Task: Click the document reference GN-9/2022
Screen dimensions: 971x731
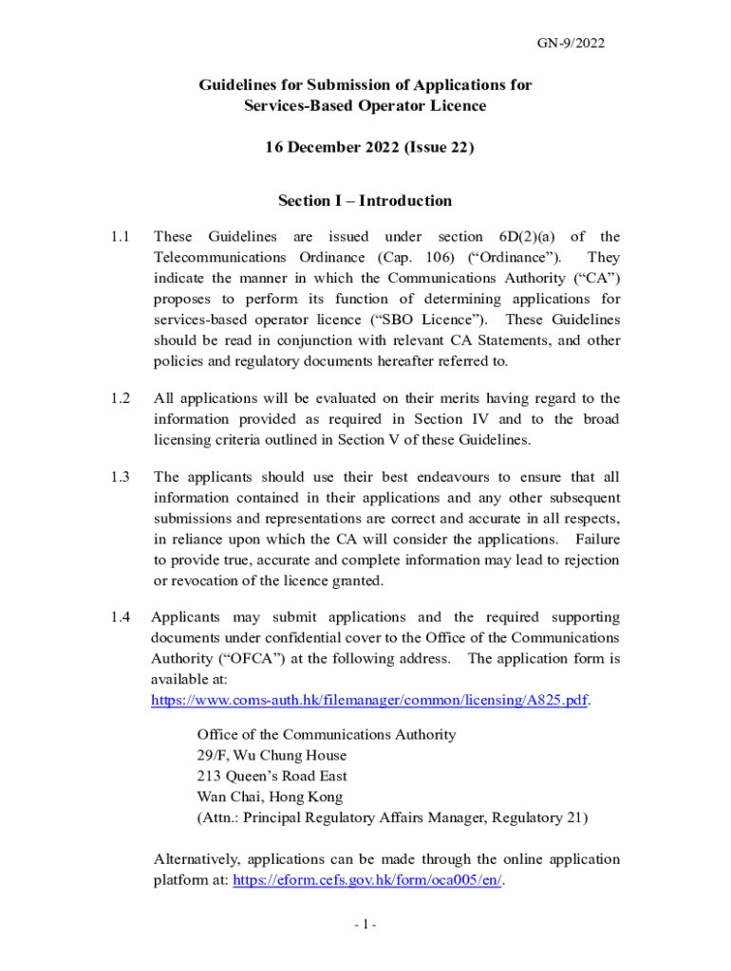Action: tap(572, 43)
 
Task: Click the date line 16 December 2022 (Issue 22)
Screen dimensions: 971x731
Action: tap(365, 148)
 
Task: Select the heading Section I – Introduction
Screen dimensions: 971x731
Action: tap(365, 201)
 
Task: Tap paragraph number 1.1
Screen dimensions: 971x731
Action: tap(120, 237)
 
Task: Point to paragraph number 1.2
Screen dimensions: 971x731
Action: tap(120, 398)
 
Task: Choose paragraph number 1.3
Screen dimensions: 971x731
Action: tap(120, 477)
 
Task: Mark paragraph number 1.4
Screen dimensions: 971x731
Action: tap(120, 617)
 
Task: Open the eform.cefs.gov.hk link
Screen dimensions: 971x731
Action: tap(367, 880)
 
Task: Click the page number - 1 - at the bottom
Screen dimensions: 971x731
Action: tap(365, 925)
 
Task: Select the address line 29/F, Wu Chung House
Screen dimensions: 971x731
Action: tap(272, 756)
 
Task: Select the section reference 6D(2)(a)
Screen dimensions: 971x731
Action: tap(518, 237)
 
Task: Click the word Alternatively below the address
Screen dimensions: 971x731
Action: tap(196, 859)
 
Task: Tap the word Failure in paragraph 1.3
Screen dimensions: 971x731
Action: tap(597, 540)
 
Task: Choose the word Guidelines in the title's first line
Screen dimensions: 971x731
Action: tap(238, 85)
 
